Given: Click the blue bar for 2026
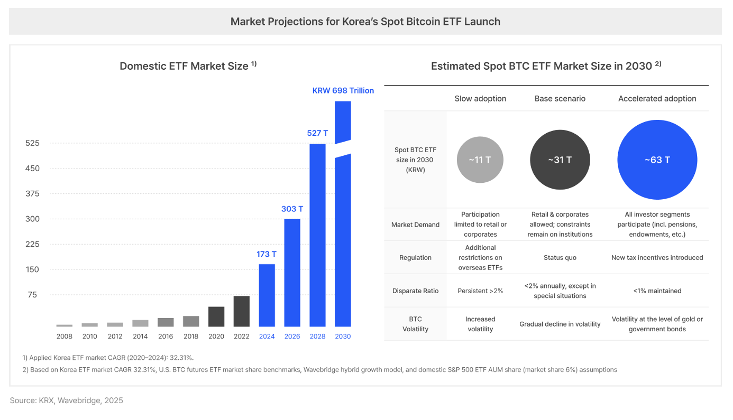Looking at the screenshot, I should [292, 273].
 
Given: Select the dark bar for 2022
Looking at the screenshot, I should [242, 311].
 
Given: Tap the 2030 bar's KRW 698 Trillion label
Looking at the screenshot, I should [343, 90].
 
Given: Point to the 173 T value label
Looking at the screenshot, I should [267, 254].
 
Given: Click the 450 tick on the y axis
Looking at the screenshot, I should [32, 169].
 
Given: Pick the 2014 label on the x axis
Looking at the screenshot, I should [140, 337].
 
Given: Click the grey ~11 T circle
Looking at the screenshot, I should [480, 160].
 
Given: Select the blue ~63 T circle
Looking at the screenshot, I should [657, 160].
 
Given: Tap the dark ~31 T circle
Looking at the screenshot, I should [560, 160].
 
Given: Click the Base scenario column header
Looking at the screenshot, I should [560, 99].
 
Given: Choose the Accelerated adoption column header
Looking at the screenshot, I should [657, 99].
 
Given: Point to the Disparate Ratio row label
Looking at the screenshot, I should [416, 291].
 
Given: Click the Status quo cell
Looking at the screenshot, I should [560, 258].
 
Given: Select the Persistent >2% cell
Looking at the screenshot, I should [480, 291].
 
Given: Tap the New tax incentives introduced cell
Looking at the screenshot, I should [657, 258].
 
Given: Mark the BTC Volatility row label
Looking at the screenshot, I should [416, 324].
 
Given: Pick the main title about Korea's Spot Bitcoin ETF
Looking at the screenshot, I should [365, 22].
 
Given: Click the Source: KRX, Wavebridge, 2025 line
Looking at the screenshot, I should [67, 400].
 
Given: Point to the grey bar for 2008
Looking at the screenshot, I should [65, 325].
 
